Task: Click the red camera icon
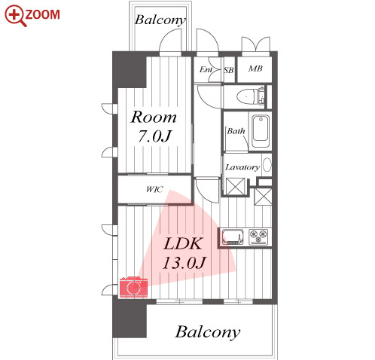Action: pyautogui.click(x=133, y=287)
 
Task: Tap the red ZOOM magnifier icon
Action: pyautogui.click(x=16, y=16)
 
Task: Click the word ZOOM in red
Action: pyautogui.click(x=42, y=14)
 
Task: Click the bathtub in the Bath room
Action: pyautogui.click(x=261, y=131)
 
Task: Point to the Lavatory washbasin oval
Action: pyautogui.click(x=267, y=165)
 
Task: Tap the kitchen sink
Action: pyautogui.click(x=233, y=237)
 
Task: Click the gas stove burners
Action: pyautogui.click(x=258, y=236)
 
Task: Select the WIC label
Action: pyautogui.click(x=154, y=189)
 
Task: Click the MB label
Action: pyautogui.click(x=255, y=69)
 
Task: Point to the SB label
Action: pyautogui.click(x=229, y=70)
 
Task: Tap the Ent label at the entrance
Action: pyautogui.click(x=206, y=69)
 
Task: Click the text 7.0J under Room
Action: pyautogui.click(x=154, y=136)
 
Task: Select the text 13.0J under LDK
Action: pyautogui.click(x=184, y=263)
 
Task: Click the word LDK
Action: pyautogui.click(x=183, y=243)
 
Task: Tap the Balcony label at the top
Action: pyautogui.click(x=160, y=20)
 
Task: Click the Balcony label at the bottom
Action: pyautogui.click(x=208, y=332)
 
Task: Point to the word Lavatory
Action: pyautogui.click(x=242, y=167)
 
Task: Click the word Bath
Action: pyautogui.click(x=236, y=131)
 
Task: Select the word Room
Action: pyautogui.click(x=154, y=117)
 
